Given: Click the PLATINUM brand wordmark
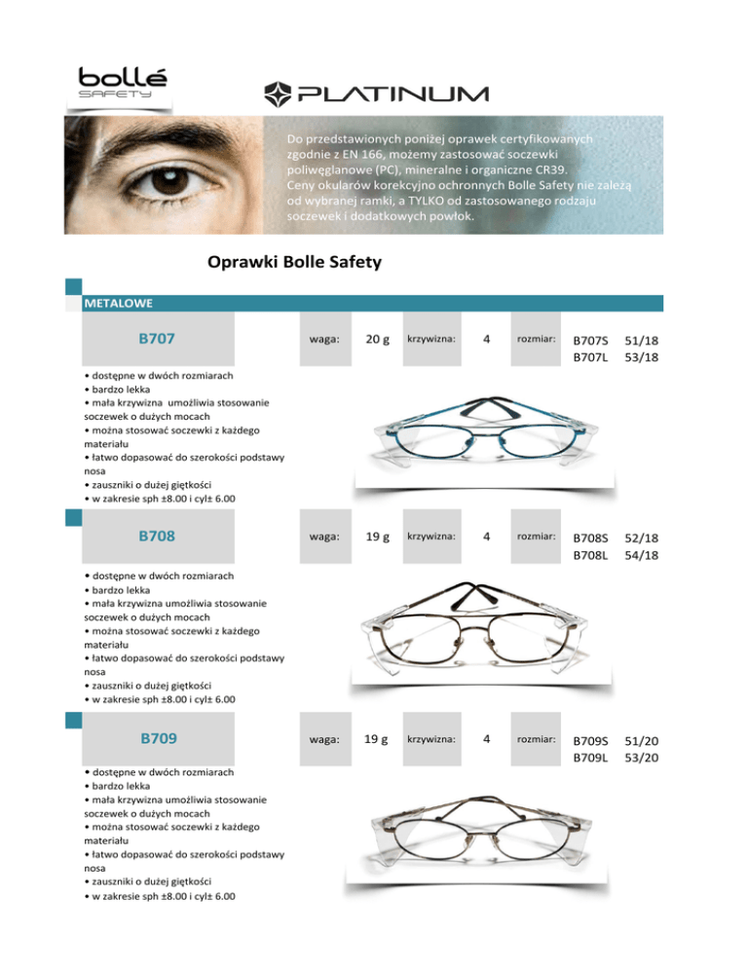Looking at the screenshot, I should tap(377, 93).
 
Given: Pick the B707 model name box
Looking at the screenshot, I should tap(156, 339).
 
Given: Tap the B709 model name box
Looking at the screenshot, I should tap(156, 737).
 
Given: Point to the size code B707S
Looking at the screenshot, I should tap(590, 341).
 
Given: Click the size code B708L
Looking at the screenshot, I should tap(590, 554).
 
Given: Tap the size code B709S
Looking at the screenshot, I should tap(590, 741).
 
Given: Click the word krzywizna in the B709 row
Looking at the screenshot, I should tap(432, 740).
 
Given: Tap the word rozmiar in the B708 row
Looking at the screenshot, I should tap(536, 536).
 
